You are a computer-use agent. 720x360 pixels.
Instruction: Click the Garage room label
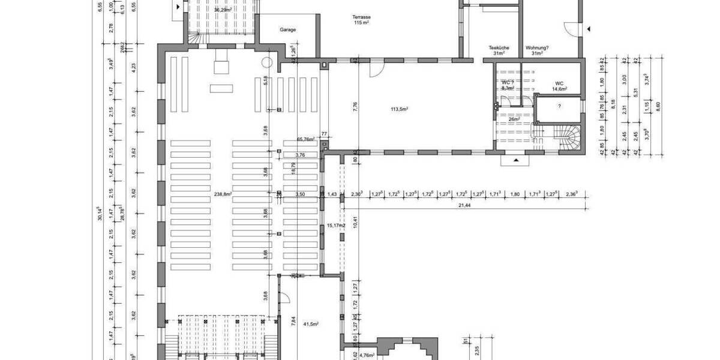pos(288,29)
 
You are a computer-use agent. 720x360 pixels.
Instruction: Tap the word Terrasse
pos(361,17)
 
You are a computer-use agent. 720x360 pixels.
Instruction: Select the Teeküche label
pos(499,47)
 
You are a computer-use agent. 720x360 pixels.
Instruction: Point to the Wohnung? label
pos(537,47)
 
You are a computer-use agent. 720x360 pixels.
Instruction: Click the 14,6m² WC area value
pos(559,89)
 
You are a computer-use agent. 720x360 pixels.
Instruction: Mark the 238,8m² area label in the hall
pos(223,194)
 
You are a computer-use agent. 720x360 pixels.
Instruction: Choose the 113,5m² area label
pos(400,109)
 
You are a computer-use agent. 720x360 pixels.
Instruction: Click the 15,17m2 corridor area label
pos(336,226)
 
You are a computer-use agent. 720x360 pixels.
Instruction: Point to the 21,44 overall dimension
pos(464,205)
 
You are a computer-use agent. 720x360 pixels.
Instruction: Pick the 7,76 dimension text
pos(355,107)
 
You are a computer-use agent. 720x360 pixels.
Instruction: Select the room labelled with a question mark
pos(559,107)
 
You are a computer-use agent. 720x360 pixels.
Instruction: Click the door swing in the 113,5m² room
pos(376,70)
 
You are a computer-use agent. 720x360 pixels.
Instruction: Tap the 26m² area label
pos(513,119)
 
